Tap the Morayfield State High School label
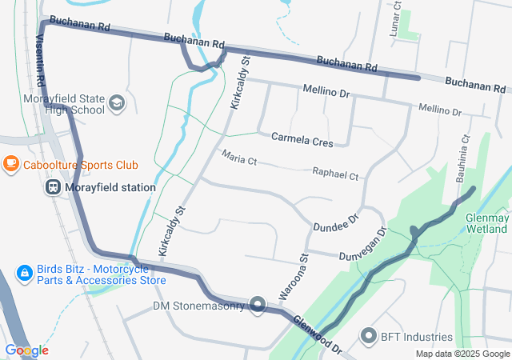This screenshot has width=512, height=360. click(x=53, y=104)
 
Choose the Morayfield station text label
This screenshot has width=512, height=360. click(x=110, y=187)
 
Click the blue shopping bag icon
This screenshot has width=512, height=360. click(x=25, y=274)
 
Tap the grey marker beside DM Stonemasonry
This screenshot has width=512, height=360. click(x=258, y=304)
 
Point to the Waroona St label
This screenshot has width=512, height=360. click(x=292, y=277)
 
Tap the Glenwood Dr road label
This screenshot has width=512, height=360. click(x=318, y=335)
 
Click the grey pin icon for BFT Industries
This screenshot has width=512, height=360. click(x=369, y=337)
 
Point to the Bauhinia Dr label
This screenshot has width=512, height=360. click(x=462, y=159)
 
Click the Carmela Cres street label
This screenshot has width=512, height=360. click(x=302, y=139)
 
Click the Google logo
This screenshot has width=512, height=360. click(x=26, y=350)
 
